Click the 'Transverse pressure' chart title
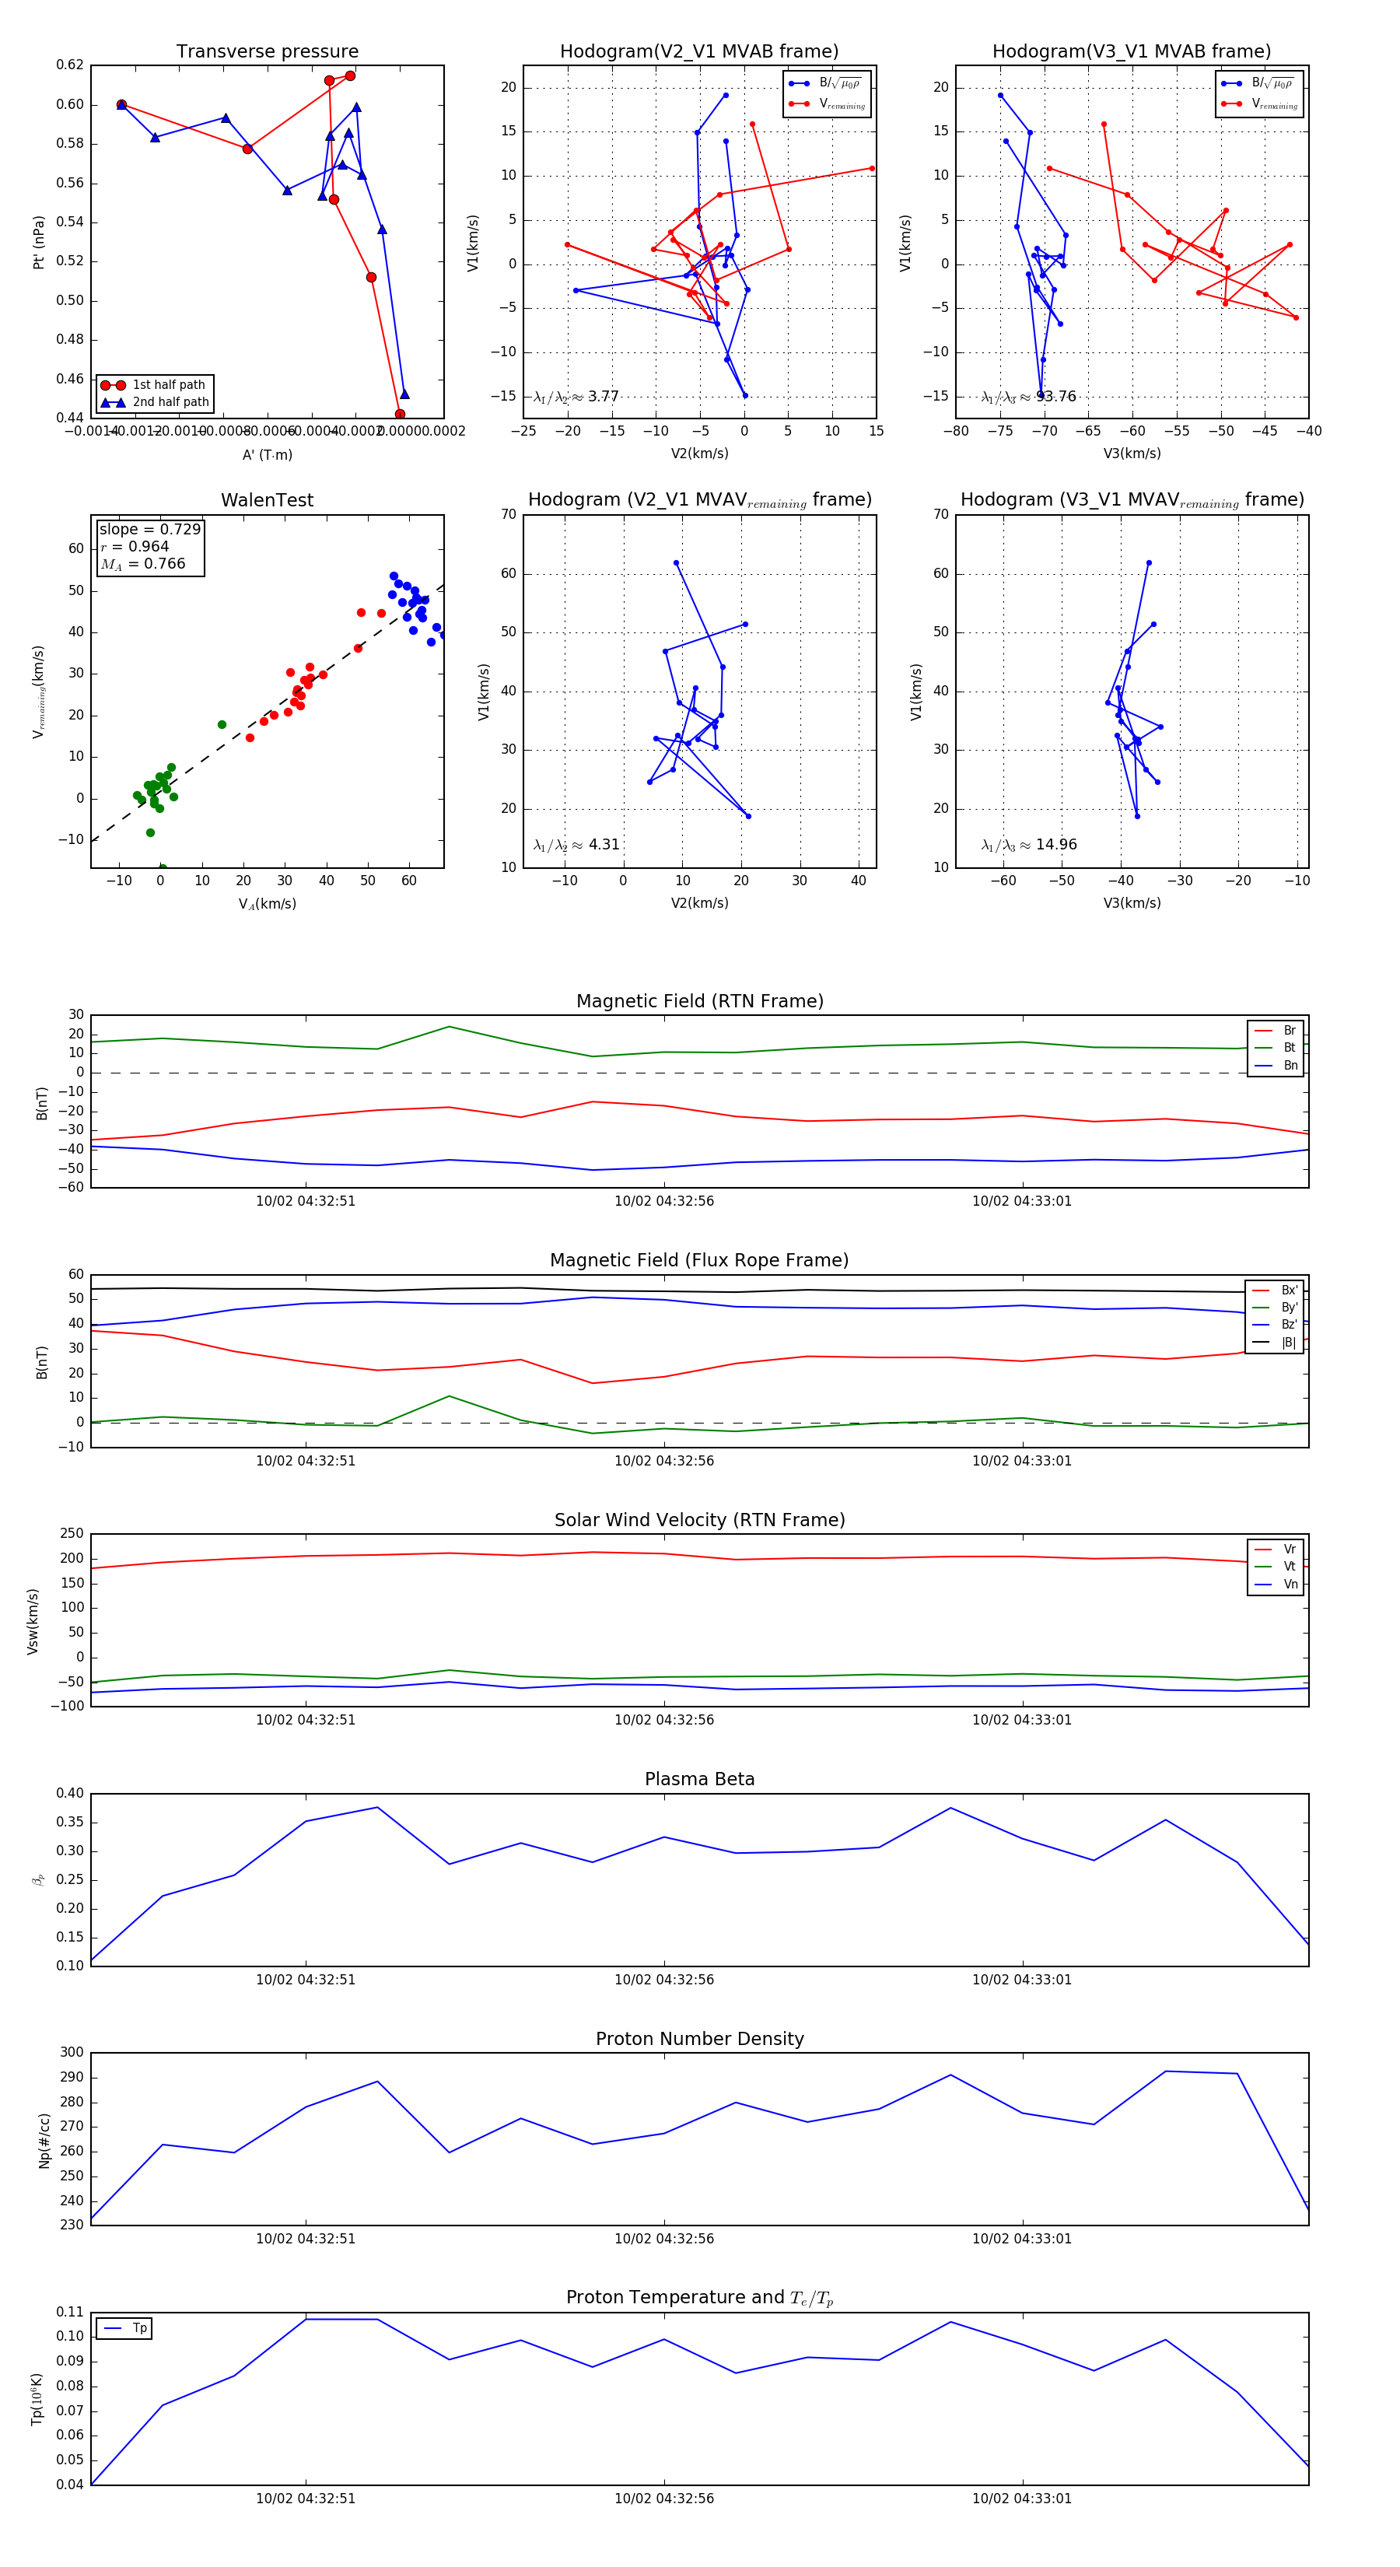coord(267,52)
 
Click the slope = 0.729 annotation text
coord(149,529)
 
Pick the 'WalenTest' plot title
coord(267,500)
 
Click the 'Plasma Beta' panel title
coord(699,1779)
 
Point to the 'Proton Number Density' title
coord(699,2039)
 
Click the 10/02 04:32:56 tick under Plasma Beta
coord(663,1979)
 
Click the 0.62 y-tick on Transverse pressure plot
coord(70,65)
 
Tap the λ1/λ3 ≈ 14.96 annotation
coord(1028,845)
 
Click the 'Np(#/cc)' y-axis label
coord(44,2141)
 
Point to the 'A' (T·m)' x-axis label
coord(267,454)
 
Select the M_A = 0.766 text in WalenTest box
coord(142,564)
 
